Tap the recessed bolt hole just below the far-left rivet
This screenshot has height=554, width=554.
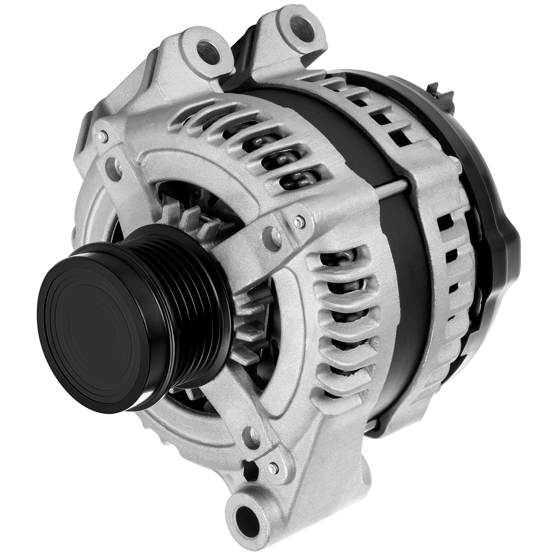[x=111, y=163]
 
